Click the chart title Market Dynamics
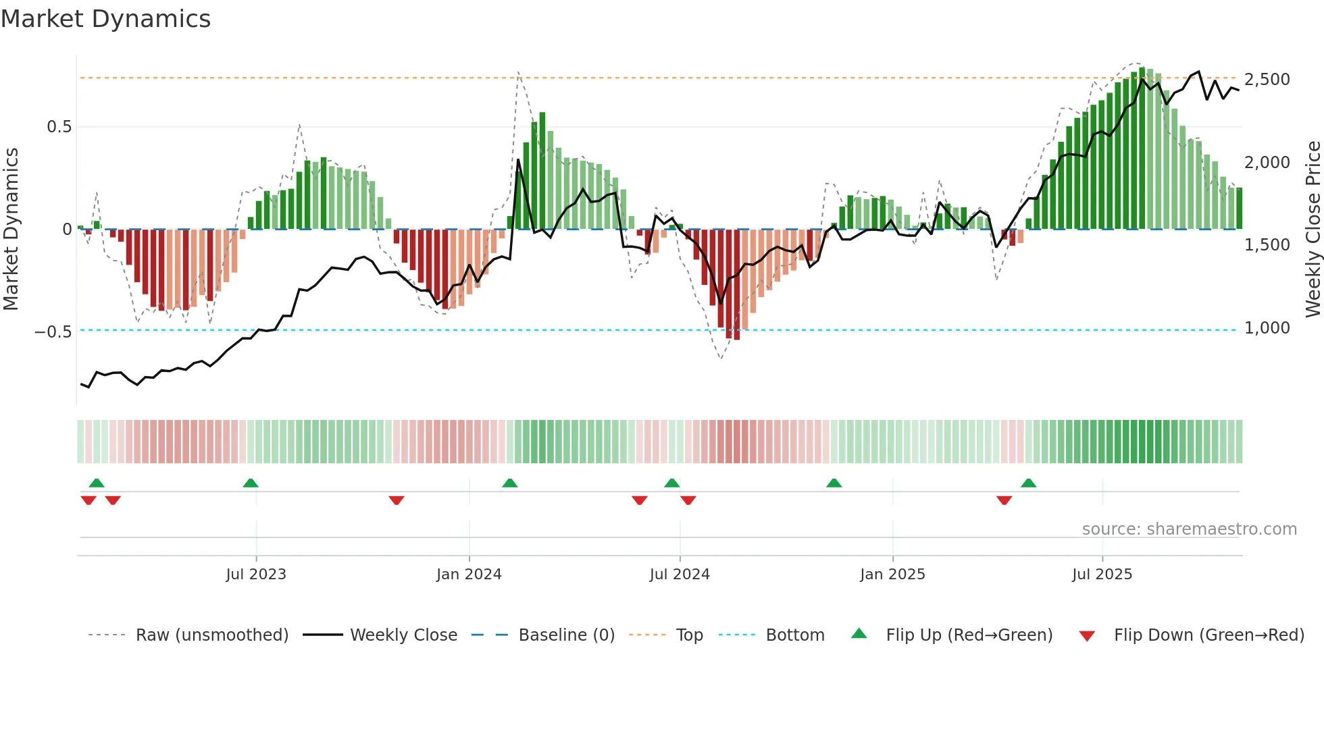coord(106,19)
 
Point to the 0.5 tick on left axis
coord(59,127)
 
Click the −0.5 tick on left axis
coord(53,331)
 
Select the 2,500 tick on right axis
coord(1267,80)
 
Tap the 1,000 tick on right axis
coord(1267,328)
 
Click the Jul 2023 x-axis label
coord(256,575)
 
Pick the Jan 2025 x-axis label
coord(892,575)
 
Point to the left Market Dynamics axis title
coord(11,230)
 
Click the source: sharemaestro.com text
coord(1189,529)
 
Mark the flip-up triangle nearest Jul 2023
coord(251,483)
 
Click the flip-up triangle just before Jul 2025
coord(1028,483)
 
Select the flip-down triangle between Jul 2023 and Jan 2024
coord(397,500)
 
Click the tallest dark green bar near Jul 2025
coord(1142,149)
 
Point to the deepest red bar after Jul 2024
coord(737,284)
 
